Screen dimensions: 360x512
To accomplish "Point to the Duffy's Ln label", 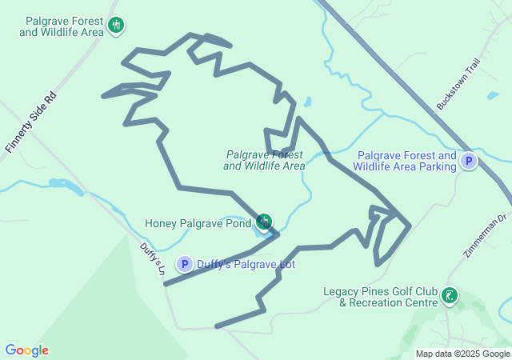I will point(152,260).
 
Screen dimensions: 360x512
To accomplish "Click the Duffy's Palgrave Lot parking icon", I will point(185,264).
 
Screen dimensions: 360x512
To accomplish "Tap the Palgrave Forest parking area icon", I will point(469,162).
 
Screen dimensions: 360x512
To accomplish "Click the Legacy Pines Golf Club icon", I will point(450,297).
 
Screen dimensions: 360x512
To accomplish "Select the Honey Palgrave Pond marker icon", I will point(263,222).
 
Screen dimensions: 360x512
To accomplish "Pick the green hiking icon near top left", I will point(116,26).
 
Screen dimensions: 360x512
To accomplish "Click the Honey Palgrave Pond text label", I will point(198,223).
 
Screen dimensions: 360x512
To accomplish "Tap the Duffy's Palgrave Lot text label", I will point(246,264).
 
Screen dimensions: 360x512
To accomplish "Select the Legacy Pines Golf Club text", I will point(381,297).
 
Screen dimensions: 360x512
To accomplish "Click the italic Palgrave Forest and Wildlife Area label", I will point(265,160).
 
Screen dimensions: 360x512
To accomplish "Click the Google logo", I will point(27,350).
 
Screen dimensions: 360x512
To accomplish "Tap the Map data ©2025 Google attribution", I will point(462,354).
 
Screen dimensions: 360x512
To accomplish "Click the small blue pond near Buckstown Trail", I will point(493,95).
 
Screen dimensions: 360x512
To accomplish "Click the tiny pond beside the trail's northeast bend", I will point(308,102).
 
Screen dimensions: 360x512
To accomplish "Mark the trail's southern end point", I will point(218,326).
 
